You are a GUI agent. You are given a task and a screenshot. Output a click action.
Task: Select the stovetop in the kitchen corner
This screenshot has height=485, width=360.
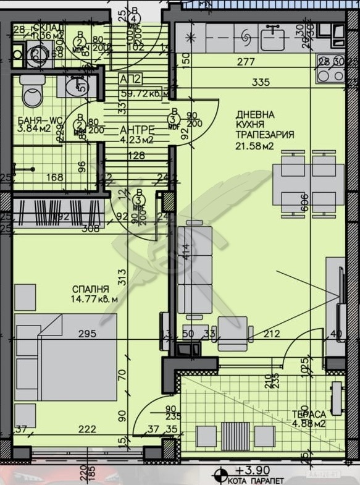pyautogui.click(x=330, y=74)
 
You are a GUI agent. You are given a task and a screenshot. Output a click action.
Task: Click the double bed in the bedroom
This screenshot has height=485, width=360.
pyautogui.click(x=66, y=357)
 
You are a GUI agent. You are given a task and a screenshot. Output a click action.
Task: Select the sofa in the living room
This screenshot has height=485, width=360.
pyautogui.click(x=195, y=272)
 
